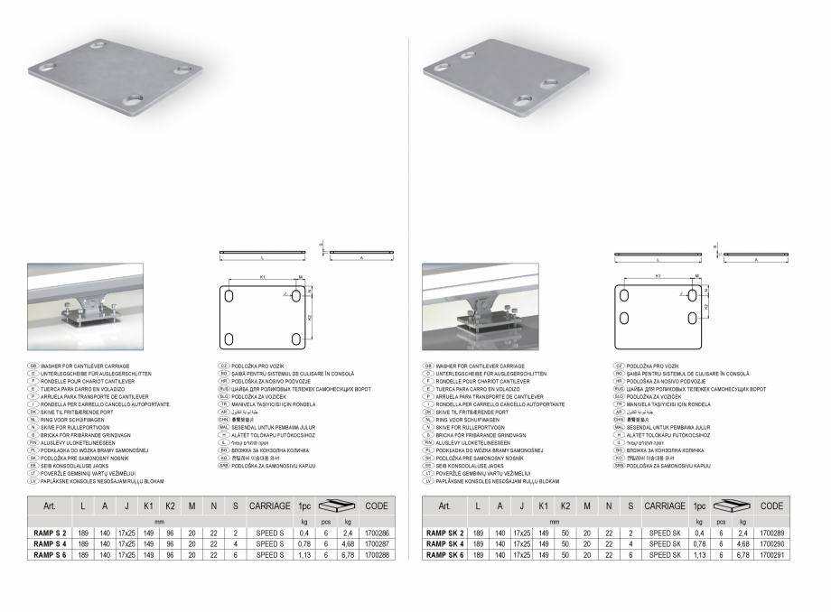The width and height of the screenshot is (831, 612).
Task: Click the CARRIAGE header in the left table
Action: click(x=269, y=506)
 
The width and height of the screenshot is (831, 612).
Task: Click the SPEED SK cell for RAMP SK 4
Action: click(x=664, y=544)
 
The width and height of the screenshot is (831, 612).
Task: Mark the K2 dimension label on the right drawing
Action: click(x=706, y=307)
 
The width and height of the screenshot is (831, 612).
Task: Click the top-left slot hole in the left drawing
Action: click(x=231, y=295)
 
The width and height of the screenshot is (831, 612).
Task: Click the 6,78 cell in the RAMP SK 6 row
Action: click(x=725, y=555)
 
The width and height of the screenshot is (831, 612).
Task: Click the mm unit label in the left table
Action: click(x=159, y=522)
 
